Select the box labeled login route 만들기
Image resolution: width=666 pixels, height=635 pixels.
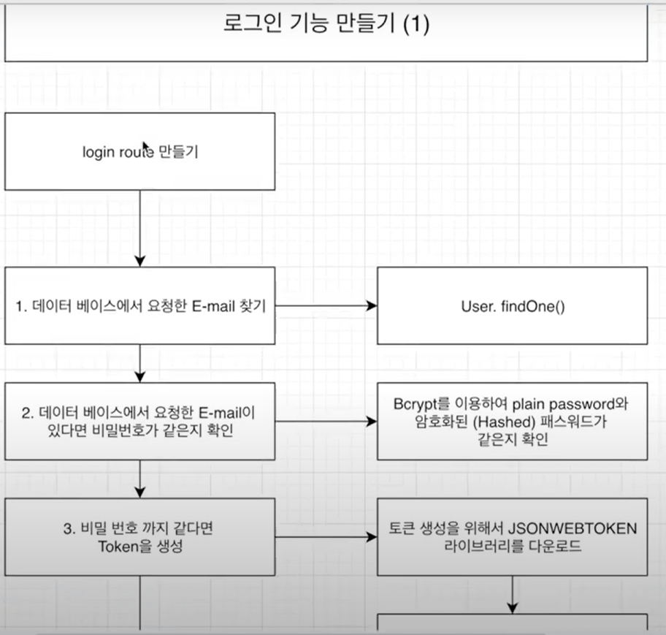click(140, 151)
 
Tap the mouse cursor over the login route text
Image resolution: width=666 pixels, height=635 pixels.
click(145, 148)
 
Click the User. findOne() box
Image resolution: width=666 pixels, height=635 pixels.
click(512, 305)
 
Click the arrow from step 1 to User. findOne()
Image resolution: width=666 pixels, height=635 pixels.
click(326, 305)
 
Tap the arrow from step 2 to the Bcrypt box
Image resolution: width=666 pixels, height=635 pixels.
click(326, 421)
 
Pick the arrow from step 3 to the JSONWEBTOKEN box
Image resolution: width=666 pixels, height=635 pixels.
click(326, 538)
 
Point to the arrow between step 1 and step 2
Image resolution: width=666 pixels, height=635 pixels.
click(140, 363)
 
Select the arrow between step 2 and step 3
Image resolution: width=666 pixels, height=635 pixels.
click(140, 479)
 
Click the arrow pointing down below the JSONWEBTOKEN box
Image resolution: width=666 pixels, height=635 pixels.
click(512, 593)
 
